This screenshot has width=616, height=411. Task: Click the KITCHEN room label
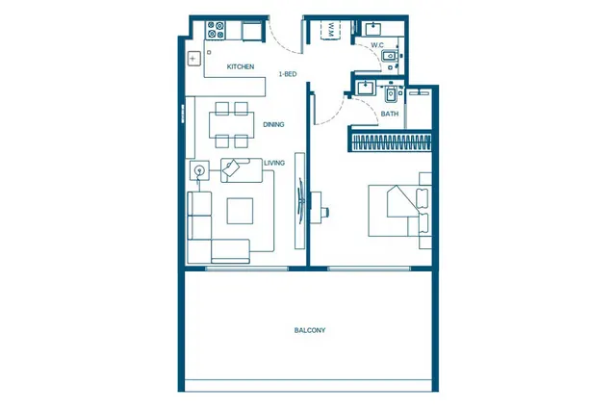[x=241, y=66]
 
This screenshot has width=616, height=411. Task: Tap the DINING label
[x=273, y=124]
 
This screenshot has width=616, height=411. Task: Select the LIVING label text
[x=274, y=163]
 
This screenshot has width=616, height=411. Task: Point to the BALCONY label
[x=310, y=330]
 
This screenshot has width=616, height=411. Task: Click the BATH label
[x=389, y=114]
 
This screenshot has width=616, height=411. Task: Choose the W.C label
[x=377, y=45]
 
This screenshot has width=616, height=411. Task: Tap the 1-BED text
[x=288, y=74]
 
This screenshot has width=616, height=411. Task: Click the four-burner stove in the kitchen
[x=216, y=30]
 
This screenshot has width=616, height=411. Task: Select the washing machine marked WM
[x=330, y=30]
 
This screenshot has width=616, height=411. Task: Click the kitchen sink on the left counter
[x=193, y=59]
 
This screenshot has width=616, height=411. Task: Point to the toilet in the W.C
[x=390, y=56]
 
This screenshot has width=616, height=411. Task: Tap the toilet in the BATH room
[x=391, y=94]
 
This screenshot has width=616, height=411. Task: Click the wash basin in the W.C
[x=373, y=29]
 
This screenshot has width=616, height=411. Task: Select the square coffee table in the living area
[x=240, y=211]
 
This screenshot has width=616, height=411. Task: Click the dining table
[x=231, y=125]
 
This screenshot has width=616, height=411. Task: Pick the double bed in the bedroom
[x=399, y=211]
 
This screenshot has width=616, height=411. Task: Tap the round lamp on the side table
[x=199, y=170]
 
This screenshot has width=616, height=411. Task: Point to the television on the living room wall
[x=300, y=200]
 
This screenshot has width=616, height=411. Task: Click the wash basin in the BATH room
[x=366, y=88]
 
